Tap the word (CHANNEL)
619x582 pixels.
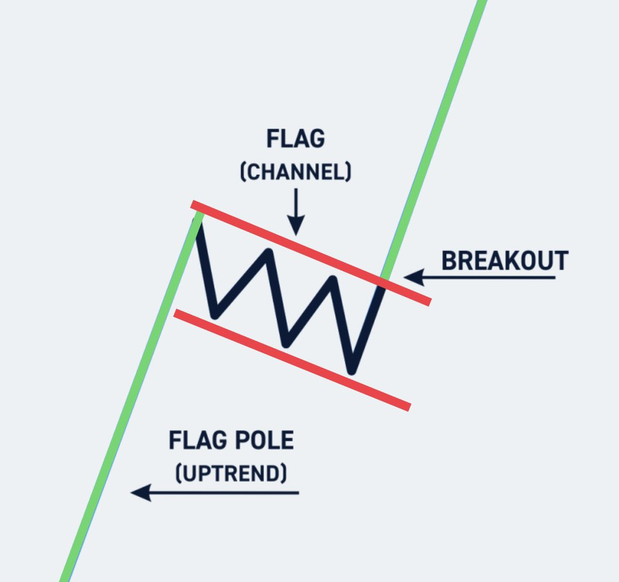295,172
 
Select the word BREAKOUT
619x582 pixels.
505,261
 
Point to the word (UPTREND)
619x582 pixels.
231,473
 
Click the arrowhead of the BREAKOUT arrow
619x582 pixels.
411,277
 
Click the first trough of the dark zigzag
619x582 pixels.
215,315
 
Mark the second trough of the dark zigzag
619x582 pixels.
286,344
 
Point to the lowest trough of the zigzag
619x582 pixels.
353,370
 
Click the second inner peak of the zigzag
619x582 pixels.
333,280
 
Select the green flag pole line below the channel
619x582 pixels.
121,435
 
